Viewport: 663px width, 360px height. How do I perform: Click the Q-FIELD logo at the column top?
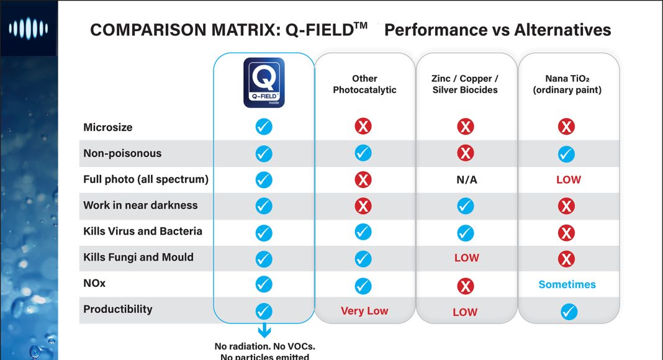click(x=264, y=83)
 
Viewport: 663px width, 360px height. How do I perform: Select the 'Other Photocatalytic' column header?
click(x=364, y=84)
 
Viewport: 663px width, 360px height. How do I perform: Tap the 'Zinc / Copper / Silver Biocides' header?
click(x=465, y=84)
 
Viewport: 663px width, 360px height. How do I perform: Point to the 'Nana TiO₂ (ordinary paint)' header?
click(x=567, y=84)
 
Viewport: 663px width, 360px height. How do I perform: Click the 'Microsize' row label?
click(x=108, y=127)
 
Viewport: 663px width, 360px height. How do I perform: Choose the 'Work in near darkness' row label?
click(x=140, y=205)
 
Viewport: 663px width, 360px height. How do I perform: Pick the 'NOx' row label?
click(x=94, y=283)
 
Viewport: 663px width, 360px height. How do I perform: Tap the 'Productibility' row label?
click(x=118, y=309)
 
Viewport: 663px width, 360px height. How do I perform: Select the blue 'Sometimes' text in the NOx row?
click(x=567, y=285)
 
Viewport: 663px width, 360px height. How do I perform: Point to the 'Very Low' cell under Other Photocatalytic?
click(x=364, y=311)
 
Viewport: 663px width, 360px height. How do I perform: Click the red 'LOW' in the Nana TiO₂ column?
click(x=568, y=180)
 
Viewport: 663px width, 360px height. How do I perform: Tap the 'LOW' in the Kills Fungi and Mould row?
click(x=466, y=258)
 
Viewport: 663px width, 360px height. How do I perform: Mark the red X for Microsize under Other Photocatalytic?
click(x=363, y=127)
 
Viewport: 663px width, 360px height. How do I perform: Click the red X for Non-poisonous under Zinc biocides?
click(x=465, y=153)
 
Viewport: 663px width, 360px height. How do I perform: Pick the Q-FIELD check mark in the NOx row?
click(x=264, y=284)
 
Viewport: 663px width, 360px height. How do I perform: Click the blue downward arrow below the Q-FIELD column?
click(x=264, y=330)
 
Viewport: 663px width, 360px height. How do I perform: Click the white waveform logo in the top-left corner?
click(x=28, y=28)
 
